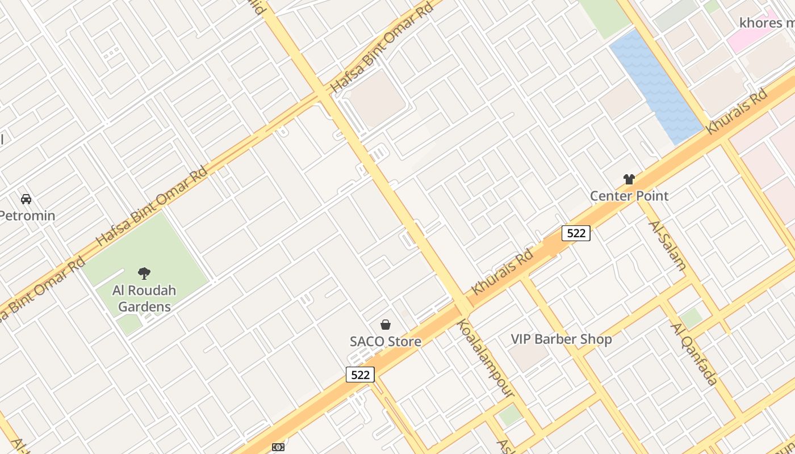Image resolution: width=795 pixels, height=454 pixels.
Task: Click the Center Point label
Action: [x=629, y=196]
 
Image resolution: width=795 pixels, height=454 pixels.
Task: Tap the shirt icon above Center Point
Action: [x=629, y=179]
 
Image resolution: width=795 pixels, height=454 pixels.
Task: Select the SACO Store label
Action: [x=385, y=342]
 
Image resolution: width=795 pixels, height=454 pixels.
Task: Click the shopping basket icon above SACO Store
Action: [x=386, y=325]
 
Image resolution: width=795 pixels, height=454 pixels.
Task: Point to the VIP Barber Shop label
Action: [x=561, y=339]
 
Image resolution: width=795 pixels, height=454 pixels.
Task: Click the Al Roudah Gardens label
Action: [x=144, y=299]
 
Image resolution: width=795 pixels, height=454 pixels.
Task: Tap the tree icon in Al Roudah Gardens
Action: [x=144, y=274]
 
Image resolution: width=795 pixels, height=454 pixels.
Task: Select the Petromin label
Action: [x=27, y=216]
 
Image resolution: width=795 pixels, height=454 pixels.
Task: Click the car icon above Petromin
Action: [x=26, y=199]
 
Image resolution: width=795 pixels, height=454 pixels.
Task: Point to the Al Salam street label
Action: [x=667, y=245]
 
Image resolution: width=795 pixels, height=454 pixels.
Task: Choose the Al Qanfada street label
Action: [x=694, y=354]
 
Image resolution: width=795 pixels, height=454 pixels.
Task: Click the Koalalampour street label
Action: [x=486, y=358]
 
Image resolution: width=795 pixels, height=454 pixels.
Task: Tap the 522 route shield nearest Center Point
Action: [x=576, y=233]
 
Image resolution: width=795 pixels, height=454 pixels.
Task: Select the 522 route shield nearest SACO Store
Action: [x=360, y=375]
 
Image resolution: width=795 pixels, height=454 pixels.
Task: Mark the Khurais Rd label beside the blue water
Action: [x=737, y=111]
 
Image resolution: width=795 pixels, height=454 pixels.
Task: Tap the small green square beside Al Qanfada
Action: [x=691, y=318]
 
